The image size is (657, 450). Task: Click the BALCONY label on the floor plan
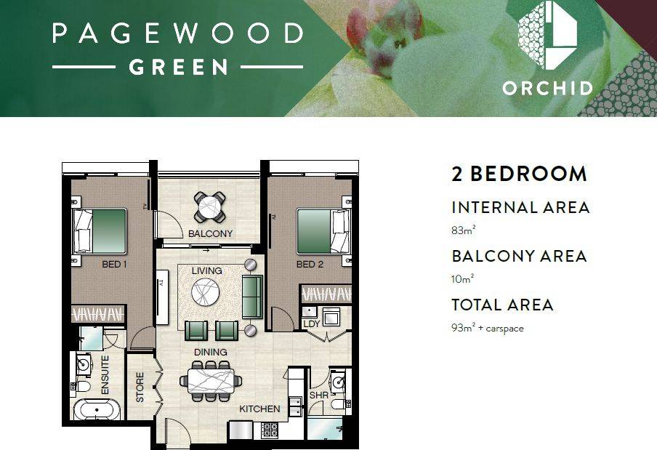click(210, 233)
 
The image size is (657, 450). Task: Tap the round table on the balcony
click(209, 207)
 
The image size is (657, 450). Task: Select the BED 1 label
click(114, 265)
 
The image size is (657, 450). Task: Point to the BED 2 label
click(310, 265)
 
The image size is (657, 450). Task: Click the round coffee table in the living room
click(205, 292)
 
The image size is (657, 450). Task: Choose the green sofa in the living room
click(252, 297)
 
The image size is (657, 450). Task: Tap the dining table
click(211, 381)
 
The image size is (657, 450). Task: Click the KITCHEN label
click(259, 409)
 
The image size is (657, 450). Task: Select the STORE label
click(140, 387)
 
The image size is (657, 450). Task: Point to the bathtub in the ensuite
click(97, 409)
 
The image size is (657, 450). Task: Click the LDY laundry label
click(311, 324)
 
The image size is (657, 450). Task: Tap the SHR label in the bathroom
click(318, 395)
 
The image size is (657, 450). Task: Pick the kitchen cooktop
click(270, 430)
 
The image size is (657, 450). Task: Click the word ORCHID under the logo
click(548, 89)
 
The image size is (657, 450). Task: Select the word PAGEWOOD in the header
click(177, 33)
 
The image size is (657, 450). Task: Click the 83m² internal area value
click(463, 230)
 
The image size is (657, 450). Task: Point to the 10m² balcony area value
click(462, 278)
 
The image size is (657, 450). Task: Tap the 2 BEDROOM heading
click(519, 174)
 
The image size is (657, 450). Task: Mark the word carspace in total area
click(504, 328)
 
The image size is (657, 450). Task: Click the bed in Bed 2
click(323, 231)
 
